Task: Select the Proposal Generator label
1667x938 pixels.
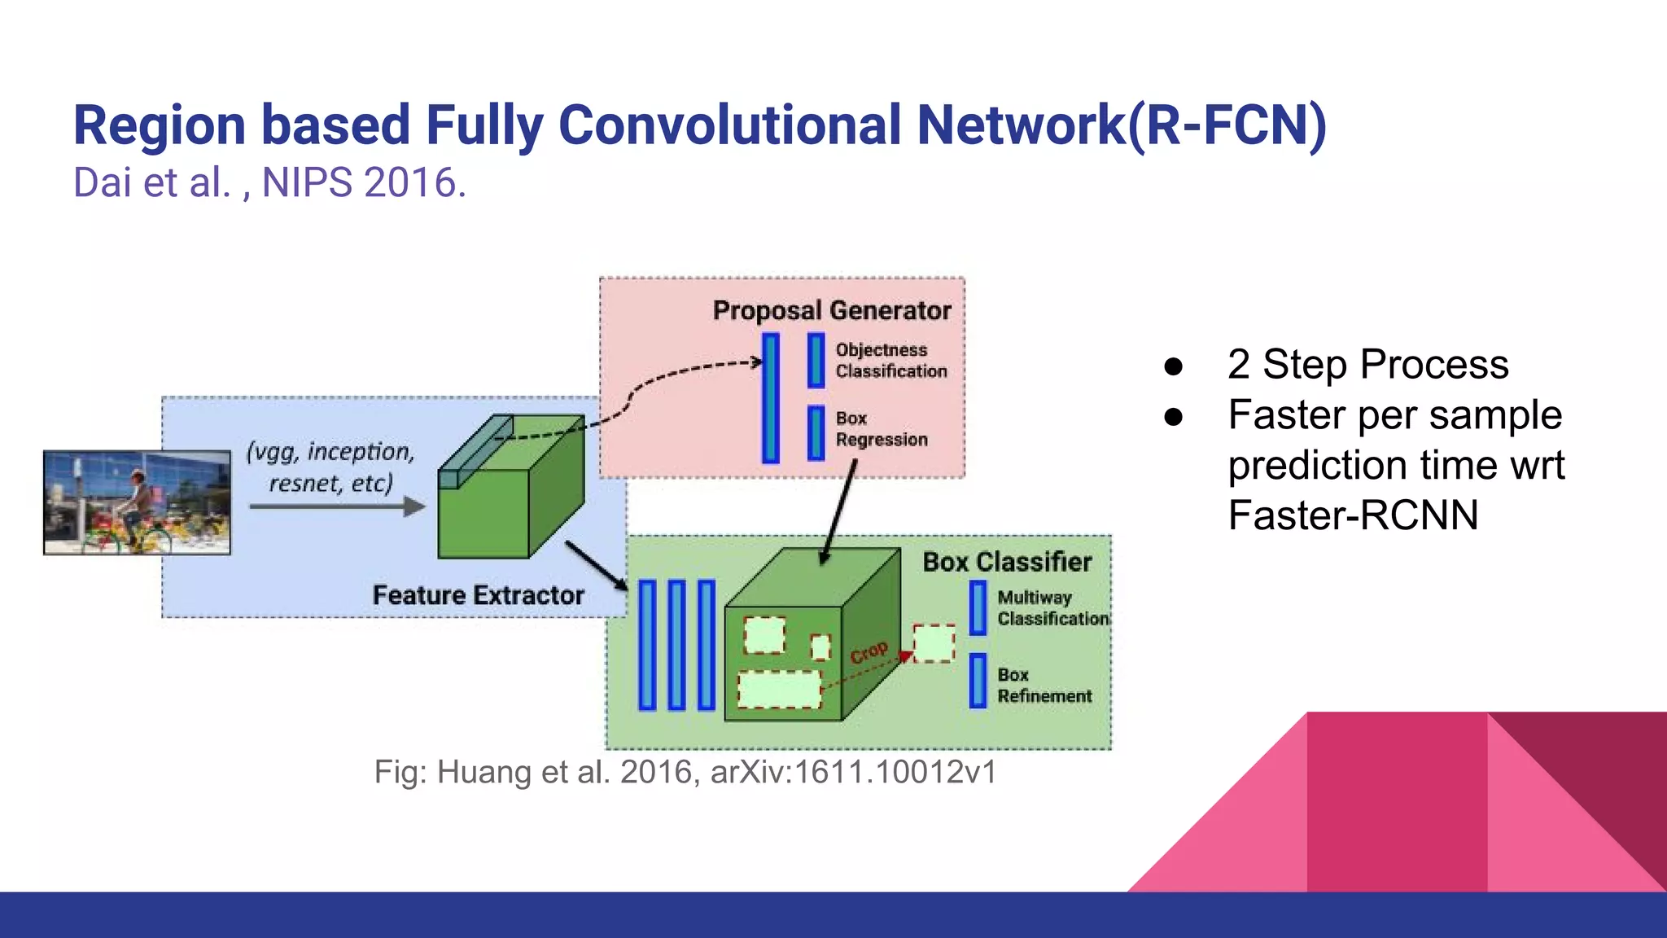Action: [832, 310]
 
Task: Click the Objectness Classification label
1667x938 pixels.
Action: [890, 360]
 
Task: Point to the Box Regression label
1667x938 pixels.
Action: [881, 428]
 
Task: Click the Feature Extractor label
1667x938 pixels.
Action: [478, 595]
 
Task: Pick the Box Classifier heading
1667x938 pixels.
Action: [1006, 562]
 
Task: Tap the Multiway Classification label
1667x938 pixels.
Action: [1052, 608]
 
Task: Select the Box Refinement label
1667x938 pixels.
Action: [1044, 686]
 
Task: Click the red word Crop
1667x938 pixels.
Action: [869, 652]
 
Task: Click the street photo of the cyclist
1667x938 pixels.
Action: [137, 502]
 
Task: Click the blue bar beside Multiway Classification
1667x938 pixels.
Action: [978, 608]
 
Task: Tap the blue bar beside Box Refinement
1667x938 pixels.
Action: [978, 681]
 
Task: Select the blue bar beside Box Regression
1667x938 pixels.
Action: [816, 432]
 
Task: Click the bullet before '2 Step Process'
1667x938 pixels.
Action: [1173, 366]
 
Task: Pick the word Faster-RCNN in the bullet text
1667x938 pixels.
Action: [1353, 515]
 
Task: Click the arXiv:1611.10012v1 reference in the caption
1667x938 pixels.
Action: [853, 772]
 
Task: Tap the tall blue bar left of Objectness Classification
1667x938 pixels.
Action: [771, 397]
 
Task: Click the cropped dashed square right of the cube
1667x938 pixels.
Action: [934, 643]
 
